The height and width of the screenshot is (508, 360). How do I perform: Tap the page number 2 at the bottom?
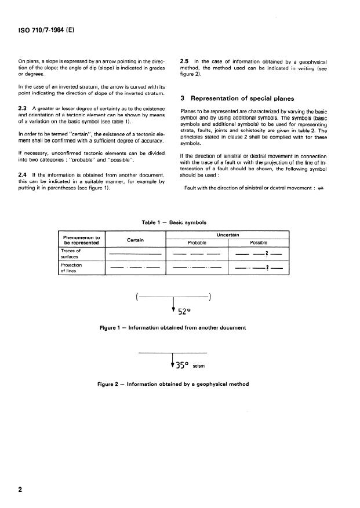click(20, 489)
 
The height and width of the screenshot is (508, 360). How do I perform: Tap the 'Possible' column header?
click(258, 243)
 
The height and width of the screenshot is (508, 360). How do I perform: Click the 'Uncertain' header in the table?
click(228, 235)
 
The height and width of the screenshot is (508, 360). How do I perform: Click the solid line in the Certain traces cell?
click(135, 254)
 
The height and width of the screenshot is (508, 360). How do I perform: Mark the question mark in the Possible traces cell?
click(266, 253)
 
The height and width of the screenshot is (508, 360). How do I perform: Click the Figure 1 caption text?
click(173, 328)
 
